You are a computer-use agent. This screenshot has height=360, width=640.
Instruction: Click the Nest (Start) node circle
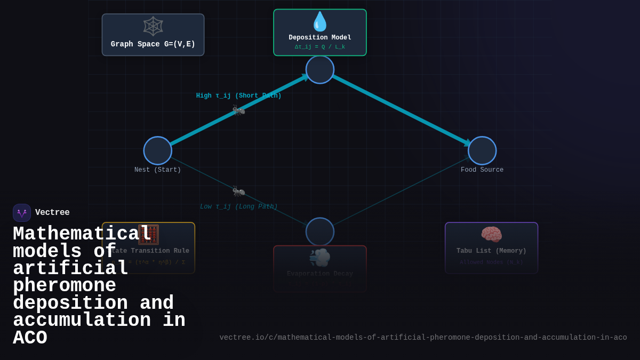(x=158, y=150)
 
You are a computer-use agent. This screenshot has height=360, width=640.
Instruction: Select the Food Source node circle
(x=482, y=150)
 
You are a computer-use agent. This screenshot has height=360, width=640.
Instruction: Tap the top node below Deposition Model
(x=320, y=69)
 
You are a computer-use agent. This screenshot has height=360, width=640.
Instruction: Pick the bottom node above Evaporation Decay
(x=320, y=231)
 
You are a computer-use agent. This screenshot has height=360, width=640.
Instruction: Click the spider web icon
(x=153, y=26)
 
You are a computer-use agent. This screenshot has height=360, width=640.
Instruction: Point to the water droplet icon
(x=320, y=22)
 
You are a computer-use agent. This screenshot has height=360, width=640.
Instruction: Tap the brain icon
(x=491, y=235)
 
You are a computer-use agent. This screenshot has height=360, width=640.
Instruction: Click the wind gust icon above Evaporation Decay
(x=320, y=258)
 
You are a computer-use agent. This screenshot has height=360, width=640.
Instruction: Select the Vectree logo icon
(x=22, y=213)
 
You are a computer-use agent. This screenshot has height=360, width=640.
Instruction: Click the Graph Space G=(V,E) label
(x=153, y=44)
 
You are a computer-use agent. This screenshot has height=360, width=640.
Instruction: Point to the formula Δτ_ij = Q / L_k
(x=320, y=47)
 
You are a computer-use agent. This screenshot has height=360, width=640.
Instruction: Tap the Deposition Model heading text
(x=320, y=37)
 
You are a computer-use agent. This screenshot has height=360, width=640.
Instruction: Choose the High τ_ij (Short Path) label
(x=238, y=96)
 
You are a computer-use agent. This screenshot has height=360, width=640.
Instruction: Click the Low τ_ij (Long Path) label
(x=238, y=206)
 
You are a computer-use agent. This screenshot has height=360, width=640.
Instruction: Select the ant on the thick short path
(x=238, y=110)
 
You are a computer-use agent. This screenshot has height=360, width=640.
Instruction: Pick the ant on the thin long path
(x=238, y=191)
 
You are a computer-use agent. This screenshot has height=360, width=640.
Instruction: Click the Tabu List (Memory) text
(x=491, y=251)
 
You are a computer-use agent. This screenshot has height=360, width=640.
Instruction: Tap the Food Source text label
(x=482, y=170)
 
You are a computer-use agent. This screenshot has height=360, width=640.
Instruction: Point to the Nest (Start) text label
(x=158, y=170)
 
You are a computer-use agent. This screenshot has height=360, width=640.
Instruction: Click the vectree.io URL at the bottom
(x=423, y=338)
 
